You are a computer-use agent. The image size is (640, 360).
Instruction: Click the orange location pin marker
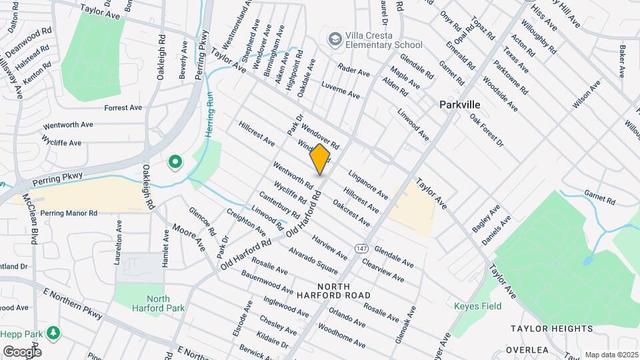[x=320, y=160]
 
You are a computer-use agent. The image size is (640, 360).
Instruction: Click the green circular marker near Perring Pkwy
[x=175, y=161]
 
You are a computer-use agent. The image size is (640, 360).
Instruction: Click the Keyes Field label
[x=477, y=307]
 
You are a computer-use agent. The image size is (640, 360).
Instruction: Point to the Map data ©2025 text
[x=611, y=355]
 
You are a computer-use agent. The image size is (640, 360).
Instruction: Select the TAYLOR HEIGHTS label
[x=551, y=329]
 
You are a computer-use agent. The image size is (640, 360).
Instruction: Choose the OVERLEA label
[x=526, y=349]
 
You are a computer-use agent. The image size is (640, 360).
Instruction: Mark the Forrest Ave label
[x=123, y=107]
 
